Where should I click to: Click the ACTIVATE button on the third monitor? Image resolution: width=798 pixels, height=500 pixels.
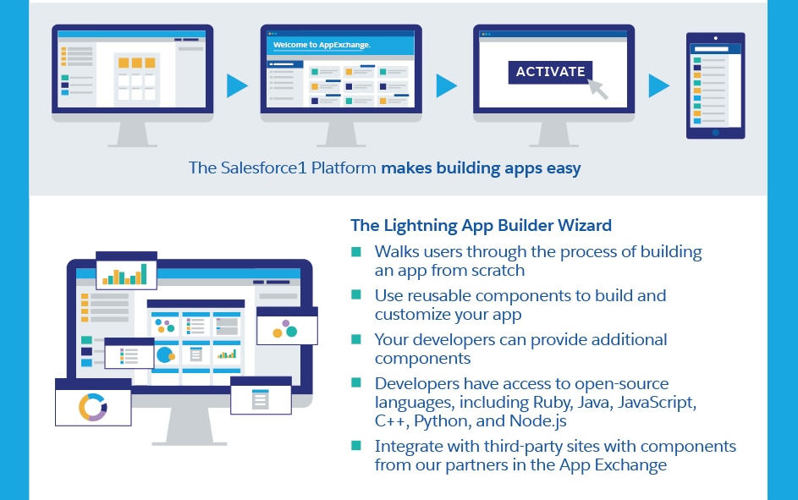coord(550,72)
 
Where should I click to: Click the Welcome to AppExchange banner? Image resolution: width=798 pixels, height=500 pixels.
coord(322,44)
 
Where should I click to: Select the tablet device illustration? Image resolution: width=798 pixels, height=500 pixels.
coord(715,85)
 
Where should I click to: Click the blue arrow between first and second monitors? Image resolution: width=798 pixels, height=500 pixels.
coord(238,85)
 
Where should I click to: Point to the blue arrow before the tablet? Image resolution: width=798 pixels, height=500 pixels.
coord(658,85)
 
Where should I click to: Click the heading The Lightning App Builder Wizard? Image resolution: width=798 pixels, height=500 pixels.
coord(481,226)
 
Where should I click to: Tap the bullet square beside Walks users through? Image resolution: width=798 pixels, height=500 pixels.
coord(356,251)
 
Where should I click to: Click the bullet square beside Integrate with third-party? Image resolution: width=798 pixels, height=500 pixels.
coord(356,446)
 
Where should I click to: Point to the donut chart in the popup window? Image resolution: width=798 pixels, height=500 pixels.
coord(92,406)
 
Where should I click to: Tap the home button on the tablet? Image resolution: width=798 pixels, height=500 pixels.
coord(715,132)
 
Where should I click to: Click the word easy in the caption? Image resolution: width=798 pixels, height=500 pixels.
coord(564,168)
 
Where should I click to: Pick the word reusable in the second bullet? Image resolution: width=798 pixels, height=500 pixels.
coord(438,295)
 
